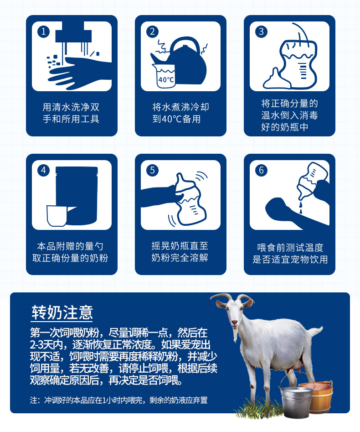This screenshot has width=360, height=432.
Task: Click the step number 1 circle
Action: (43, 31)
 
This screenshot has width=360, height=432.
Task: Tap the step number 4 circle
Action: (43, 170)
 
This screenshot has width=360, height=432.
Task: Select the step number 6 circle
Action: (261, 170)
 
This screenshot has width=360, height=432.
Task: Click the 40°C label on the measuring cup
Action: (166, 80)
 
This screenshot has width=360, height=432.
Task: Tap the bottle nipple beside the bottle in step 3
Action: (276, 79)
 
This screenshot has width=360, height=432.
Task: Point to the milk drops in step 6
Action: (300, 208)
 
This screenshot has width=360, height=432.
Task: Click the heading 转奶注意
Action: (62, 312)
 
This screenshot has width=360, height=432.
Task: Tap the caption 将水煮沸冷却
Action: (180, 107)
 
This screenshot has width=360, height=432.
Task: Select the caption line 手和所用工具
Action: (71, 119)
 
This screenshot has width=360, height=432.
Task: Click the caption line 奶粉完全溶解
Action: (180, 258)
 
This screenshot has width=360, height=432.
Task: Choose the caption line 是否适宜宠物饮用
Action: (290, 259)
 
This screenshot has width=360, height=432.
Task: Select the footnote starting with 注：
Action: (118, 400)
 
